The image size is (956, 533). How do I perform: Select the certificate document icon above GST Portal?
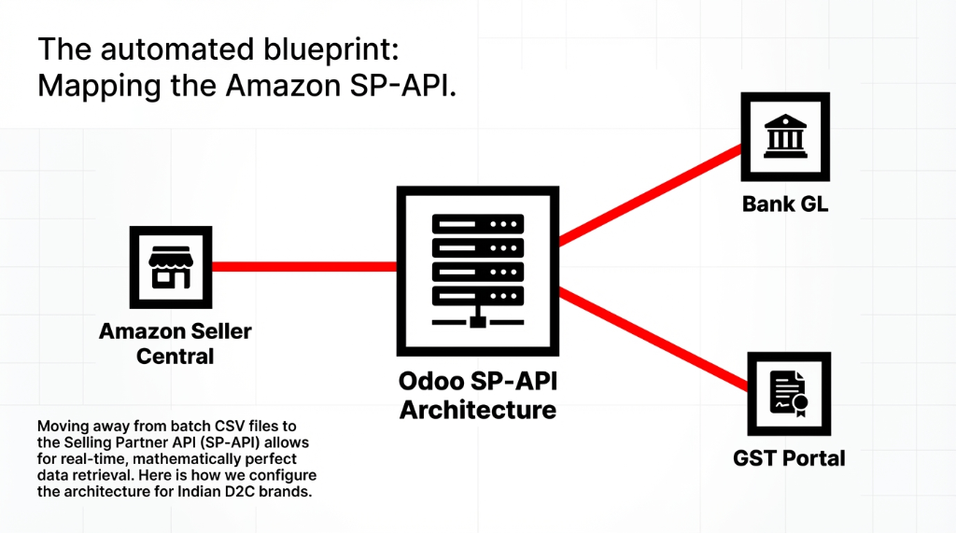[788, 394]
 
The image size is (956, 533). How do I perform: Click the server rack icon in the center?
[477, 271]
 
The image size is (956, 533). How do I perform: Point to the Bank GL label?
[784, 203]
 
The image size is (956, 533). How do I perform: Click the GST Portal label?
[789, 457]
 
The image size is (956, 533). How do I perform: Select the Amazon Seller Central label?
[176, 344]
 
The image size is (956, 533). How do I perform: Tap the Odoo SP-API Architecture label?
[477, 396]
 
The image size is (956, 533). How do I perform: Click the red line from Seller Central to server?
[303, 267]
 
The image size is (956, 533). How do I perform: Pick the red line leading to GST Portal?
[654, 340]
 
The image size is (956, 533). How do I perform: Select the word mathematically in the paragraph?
[176, 459]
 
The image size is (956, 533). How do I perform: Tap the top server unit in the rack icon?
[477, 225]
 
